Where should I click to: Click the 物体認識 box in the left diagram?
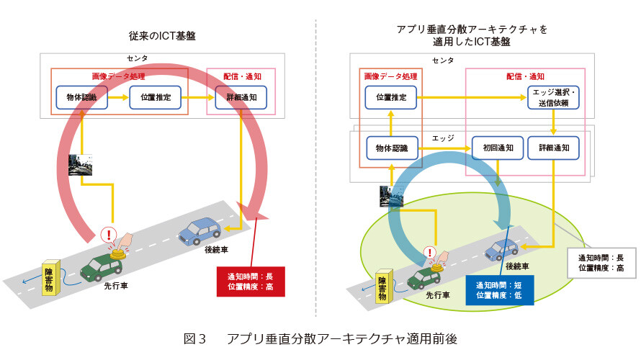pos(82,97)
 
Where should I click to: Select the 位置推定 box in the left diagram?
pos(156,97)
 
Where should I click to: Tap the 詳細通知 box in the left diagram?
pos(241,97)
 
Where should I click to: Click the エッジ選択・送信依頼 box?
pos(553,97)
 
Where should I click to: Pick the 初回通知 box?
pos(498,148)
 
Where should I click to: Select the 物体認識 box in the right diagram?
pos(392,148)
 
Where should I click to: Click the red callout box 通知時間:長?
pos(251,282)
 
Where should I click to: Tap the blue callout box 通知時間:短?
pos(500,290)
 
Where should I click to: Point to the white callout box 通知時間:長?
pos(601,263)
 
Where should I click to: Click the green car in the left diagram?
pos(101,268)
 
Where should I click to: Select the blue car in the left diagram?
pos(200,231)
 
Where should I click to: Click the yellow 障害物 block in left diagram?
pos(52,277)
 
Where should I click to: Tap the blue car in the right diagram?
pos(501,250)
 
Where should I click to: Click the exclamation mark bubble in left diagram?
pos(109,235)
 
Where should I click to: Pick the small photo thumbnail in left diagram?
pos(80,165)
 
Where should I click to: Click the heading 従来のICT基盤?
pos(162,36)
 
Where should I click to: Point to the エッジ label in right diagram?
pos(443,138)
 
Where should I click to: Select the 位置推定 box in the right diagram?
pos(391,97)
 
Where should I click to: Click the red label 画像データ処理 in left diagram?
pos(119,76)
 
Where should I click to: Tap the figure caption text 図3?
pos(194,338)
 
